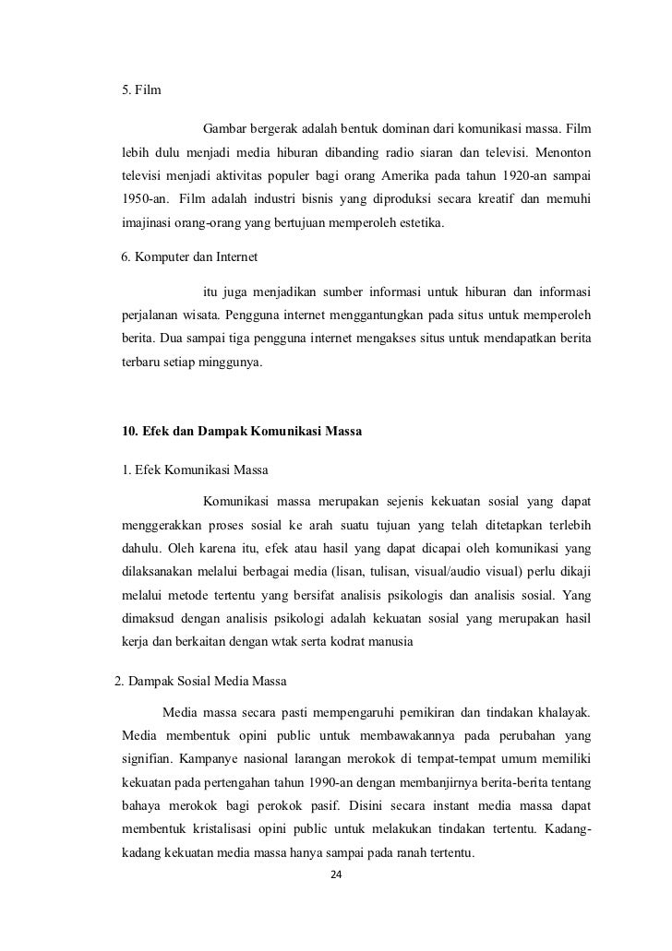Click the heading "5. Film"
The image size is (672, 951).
tap(140, 90)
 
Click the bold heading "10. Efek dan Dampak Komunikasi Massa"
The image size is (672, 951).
tap(243, 432)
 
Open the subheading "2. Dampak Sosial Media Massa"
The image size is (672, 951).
tap(200, 683)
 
